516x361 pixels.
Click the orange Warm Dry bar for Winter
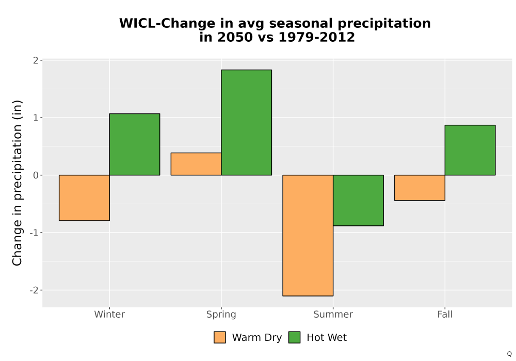(84, 198)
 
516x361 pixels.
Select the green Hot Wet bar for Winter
(135, 144)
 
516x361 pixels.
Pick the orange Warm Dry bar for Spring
(196, 164)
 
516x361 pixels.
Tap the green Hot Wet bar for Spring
(247, 122)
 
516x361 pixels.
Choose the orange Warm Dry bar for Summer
(308, 235)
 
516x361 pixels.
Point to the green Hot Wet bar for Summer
(359, 200)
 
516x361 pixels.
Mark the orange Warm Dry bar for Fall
(420, 188)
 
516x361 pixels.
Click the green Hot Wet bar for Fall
(470, 150)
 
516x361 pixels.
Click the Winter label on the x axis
(109, 314)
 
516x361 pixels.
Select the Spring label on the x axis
(221, 315)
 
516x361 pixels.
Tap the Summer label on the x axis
(333, 314)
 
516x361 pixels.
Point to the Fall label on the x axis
(445, 314)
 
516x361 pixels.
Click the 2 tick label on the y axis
(36, 60)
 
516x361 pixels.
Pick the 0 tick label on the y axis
(36, 175)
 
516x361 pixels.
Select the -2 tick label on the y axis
(34, 290)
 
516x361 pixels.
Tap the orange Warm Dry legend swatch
(220, 337)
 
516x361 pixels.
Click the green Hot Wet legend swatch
(295, 337)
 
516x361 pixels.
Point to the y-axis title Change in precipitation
(17, 183)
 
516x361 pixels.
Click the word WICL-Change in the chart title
(162, 23)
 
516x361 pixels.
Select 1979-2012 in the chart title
(317, 37)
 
